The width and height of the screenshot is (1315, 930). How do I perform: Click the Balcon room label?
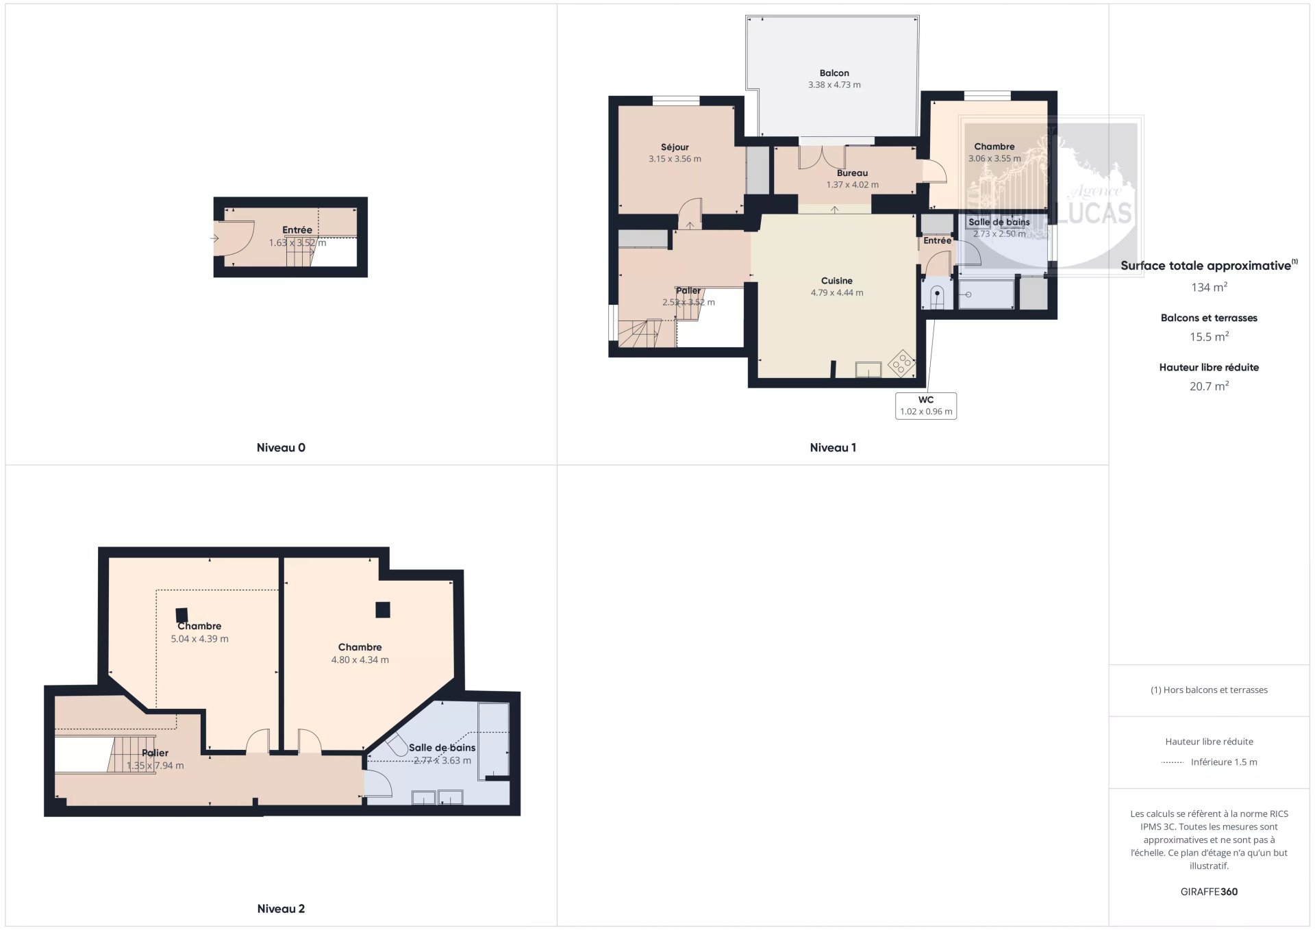(834, 73)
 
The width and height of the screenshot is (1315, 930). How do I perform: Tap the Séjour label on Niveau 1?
(675, 147)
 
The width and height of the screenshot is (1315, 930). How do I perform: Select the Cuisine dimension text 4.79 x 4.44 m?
(837, 292)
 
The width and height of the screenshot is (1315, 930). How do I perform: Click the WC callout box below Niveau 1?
(926, 405)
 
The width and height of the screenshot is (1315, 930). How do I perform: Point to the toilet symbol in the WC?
(936, 295)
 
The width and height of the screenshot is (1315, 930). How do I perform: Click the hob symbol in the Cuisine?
(901, 362)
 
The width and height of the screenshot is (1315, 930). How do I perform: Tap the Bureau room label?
(852, 173)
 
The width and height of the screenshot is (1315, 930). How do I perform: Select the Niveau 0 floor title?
(281, 448)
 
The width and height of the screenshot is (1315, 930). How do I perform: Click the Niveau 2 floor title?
(281, 909)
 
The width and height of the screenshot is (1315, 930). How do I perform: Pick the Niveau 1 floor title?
(833, 448)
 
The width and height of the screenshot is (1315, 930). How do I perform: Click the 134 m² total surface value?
(1209, 288)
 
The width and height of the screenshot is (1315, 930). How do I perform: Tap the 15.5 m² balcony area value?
(1209, 337)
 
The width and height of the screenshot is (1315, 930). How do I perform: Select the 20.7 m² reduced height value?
(1209, 386)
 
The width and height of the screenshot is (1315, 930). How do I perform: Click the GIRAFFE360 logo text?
(1209, 892)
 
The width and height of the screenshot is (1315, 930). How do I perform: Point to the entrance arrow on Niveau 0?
(214, 238)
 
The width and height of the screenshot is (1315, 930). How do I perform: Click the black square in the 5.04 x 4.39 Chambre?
(181, 615)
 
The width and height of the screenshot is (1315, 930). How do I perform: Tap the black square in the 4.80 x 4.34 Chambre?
(382, 609)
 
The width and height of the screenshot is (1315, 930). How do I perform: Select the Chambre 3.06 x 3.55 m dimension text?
(994, 158)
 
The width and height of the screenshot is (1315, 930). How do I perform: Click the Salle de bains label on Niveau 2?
(442, 748)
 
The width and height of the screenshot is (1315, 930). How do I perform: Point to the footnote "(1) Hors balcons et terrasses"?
(1209, 690)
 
